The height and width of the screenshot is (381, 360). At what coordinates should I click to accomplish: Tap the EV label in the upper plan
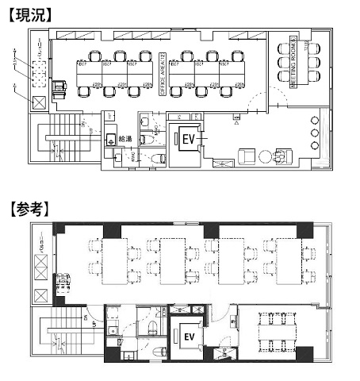pos(189,138)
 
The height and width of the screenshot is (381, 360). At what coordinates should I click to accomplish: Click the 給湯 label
pos(125,139)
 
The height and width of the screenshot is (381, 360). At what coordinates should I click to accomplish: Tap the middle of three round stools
pos(316,133)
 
